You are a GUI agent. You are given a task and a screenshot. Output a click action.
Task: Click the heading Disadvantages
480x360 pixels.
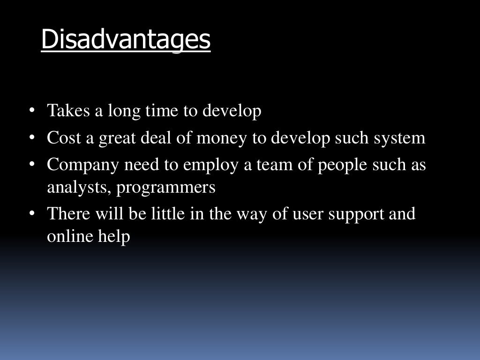pos(126,40)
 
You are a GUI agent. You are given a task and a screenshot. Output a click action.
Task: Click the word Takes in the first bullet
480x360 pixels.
pos(63,112)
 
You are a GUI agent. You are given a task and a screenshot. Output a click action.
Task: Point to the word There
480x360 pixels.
pos(67,214)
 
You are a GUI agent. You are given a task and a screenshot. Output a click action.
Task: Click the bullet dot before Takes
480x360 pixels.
pos(32,112)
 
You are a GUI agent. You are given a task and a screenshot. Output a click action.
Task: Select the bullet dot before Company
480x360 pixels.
pos(32,165)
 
